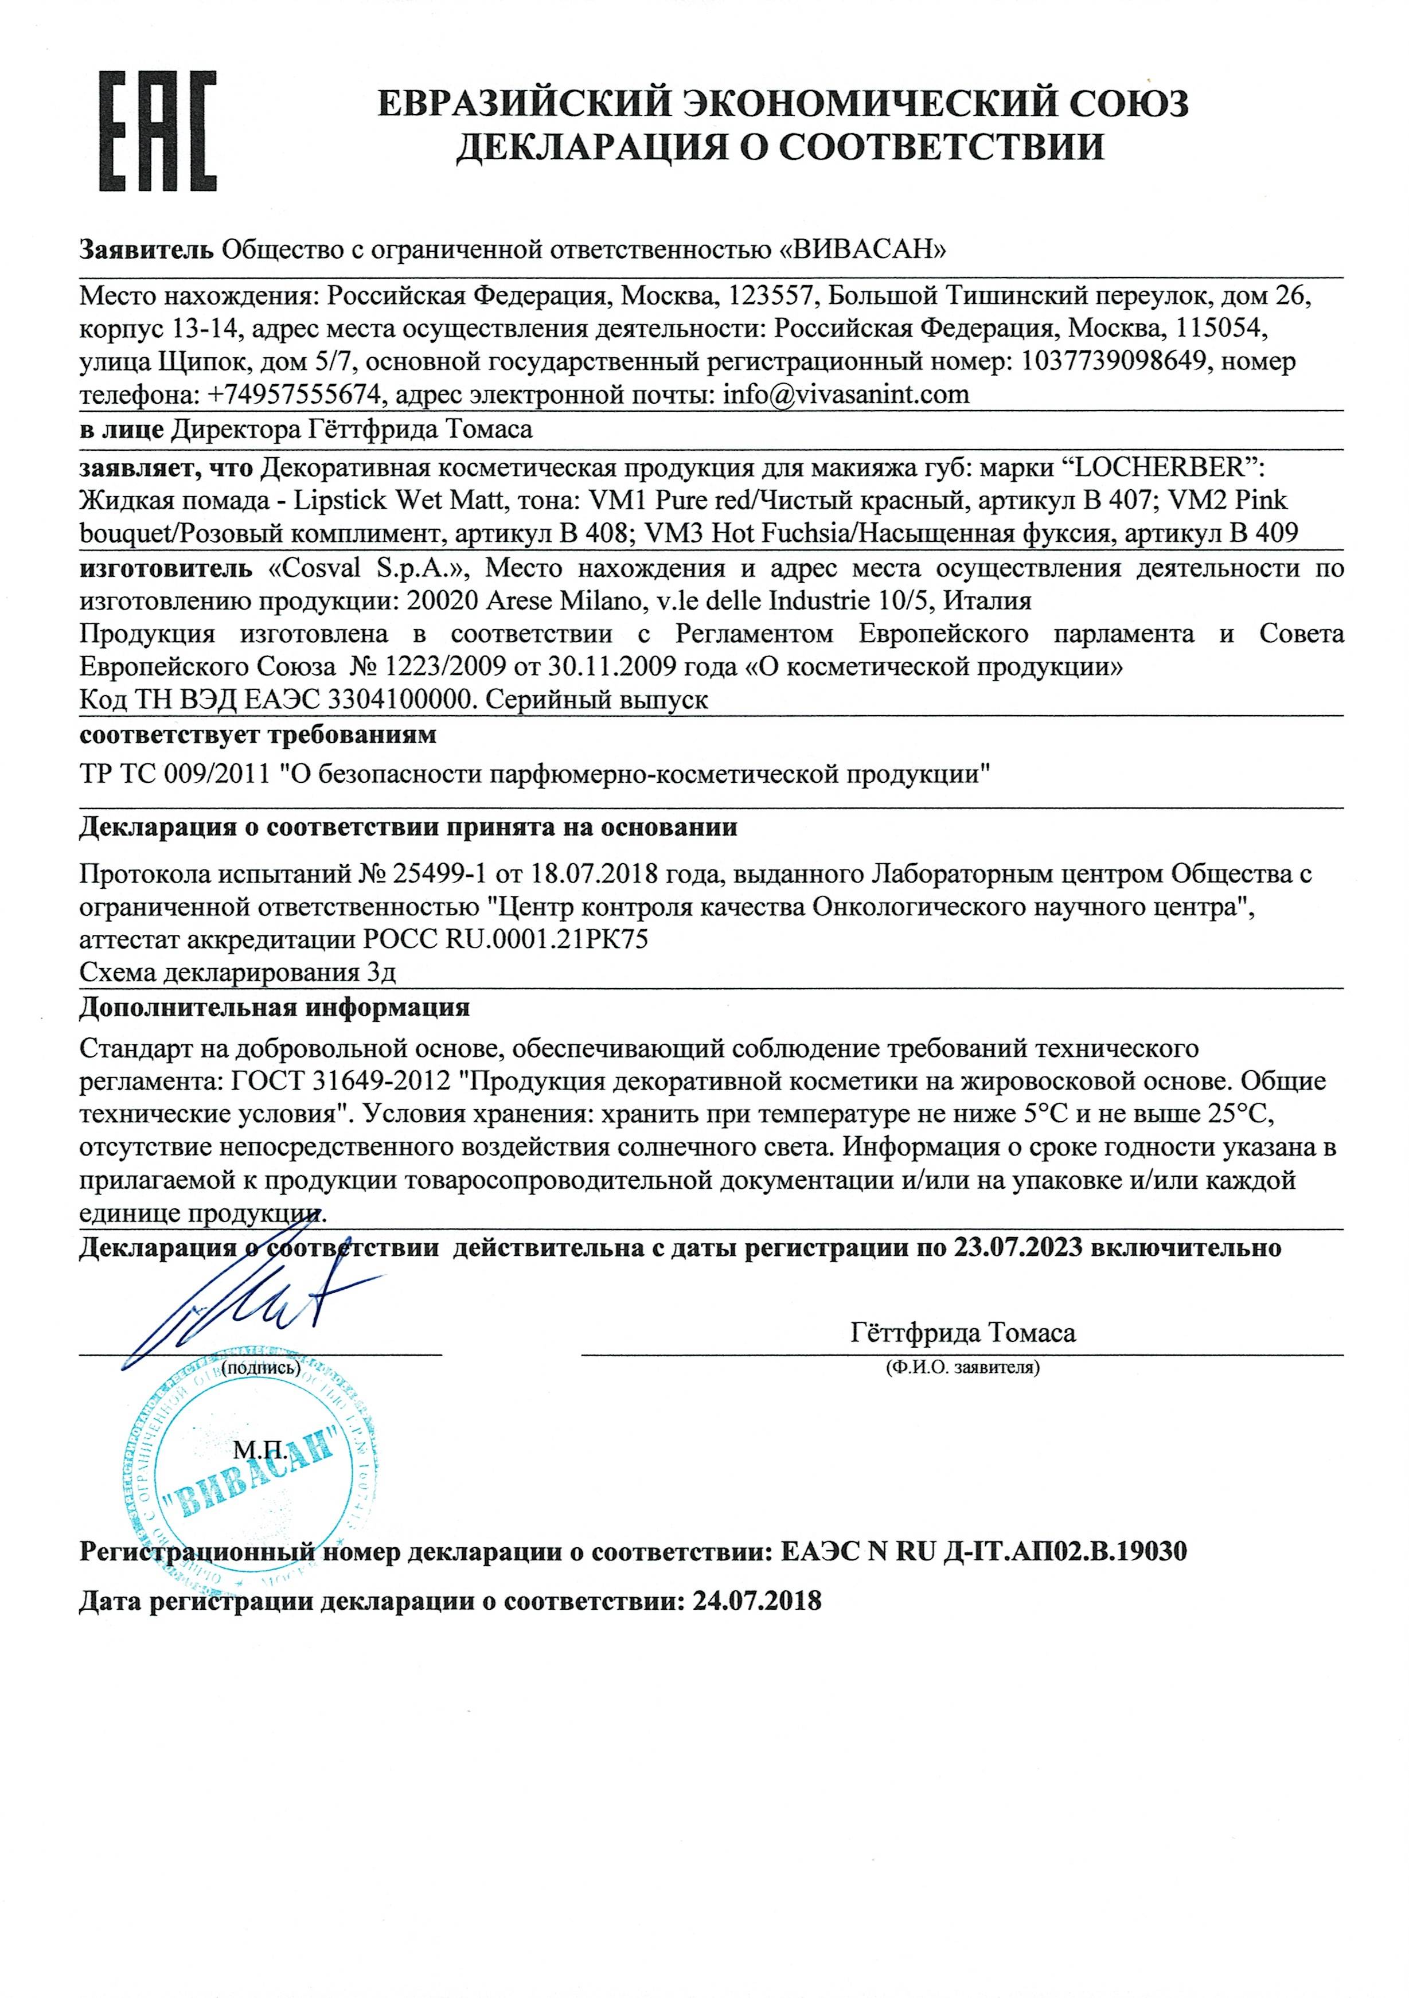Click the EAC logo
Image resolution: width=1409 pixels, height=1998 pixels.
156,132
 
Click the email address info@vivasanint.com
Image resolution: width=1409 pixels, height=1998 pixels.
846,395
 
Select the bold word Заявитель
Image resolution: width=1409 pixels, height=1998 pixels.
146,250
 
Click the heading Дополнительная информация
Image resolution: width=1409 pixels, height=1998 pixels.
274,1007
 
